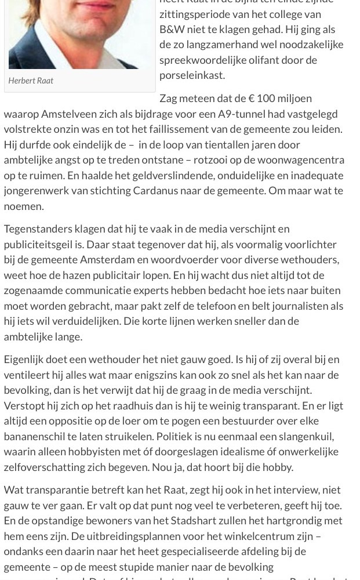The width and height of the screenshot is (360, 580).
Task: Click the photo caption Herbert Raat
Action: [x=31, y=81]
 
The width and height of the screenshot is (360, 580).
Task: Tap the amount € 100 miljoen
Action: [x=281, y=98]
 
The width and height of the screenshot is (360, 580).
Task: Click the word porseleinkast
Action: [x=192, y=75]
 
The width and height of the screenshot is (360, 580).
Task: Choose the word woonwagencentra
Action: [x=300, y=159]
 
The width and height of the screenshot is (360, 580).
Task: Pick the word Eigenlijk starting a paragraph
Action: [x=26, y=359]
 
